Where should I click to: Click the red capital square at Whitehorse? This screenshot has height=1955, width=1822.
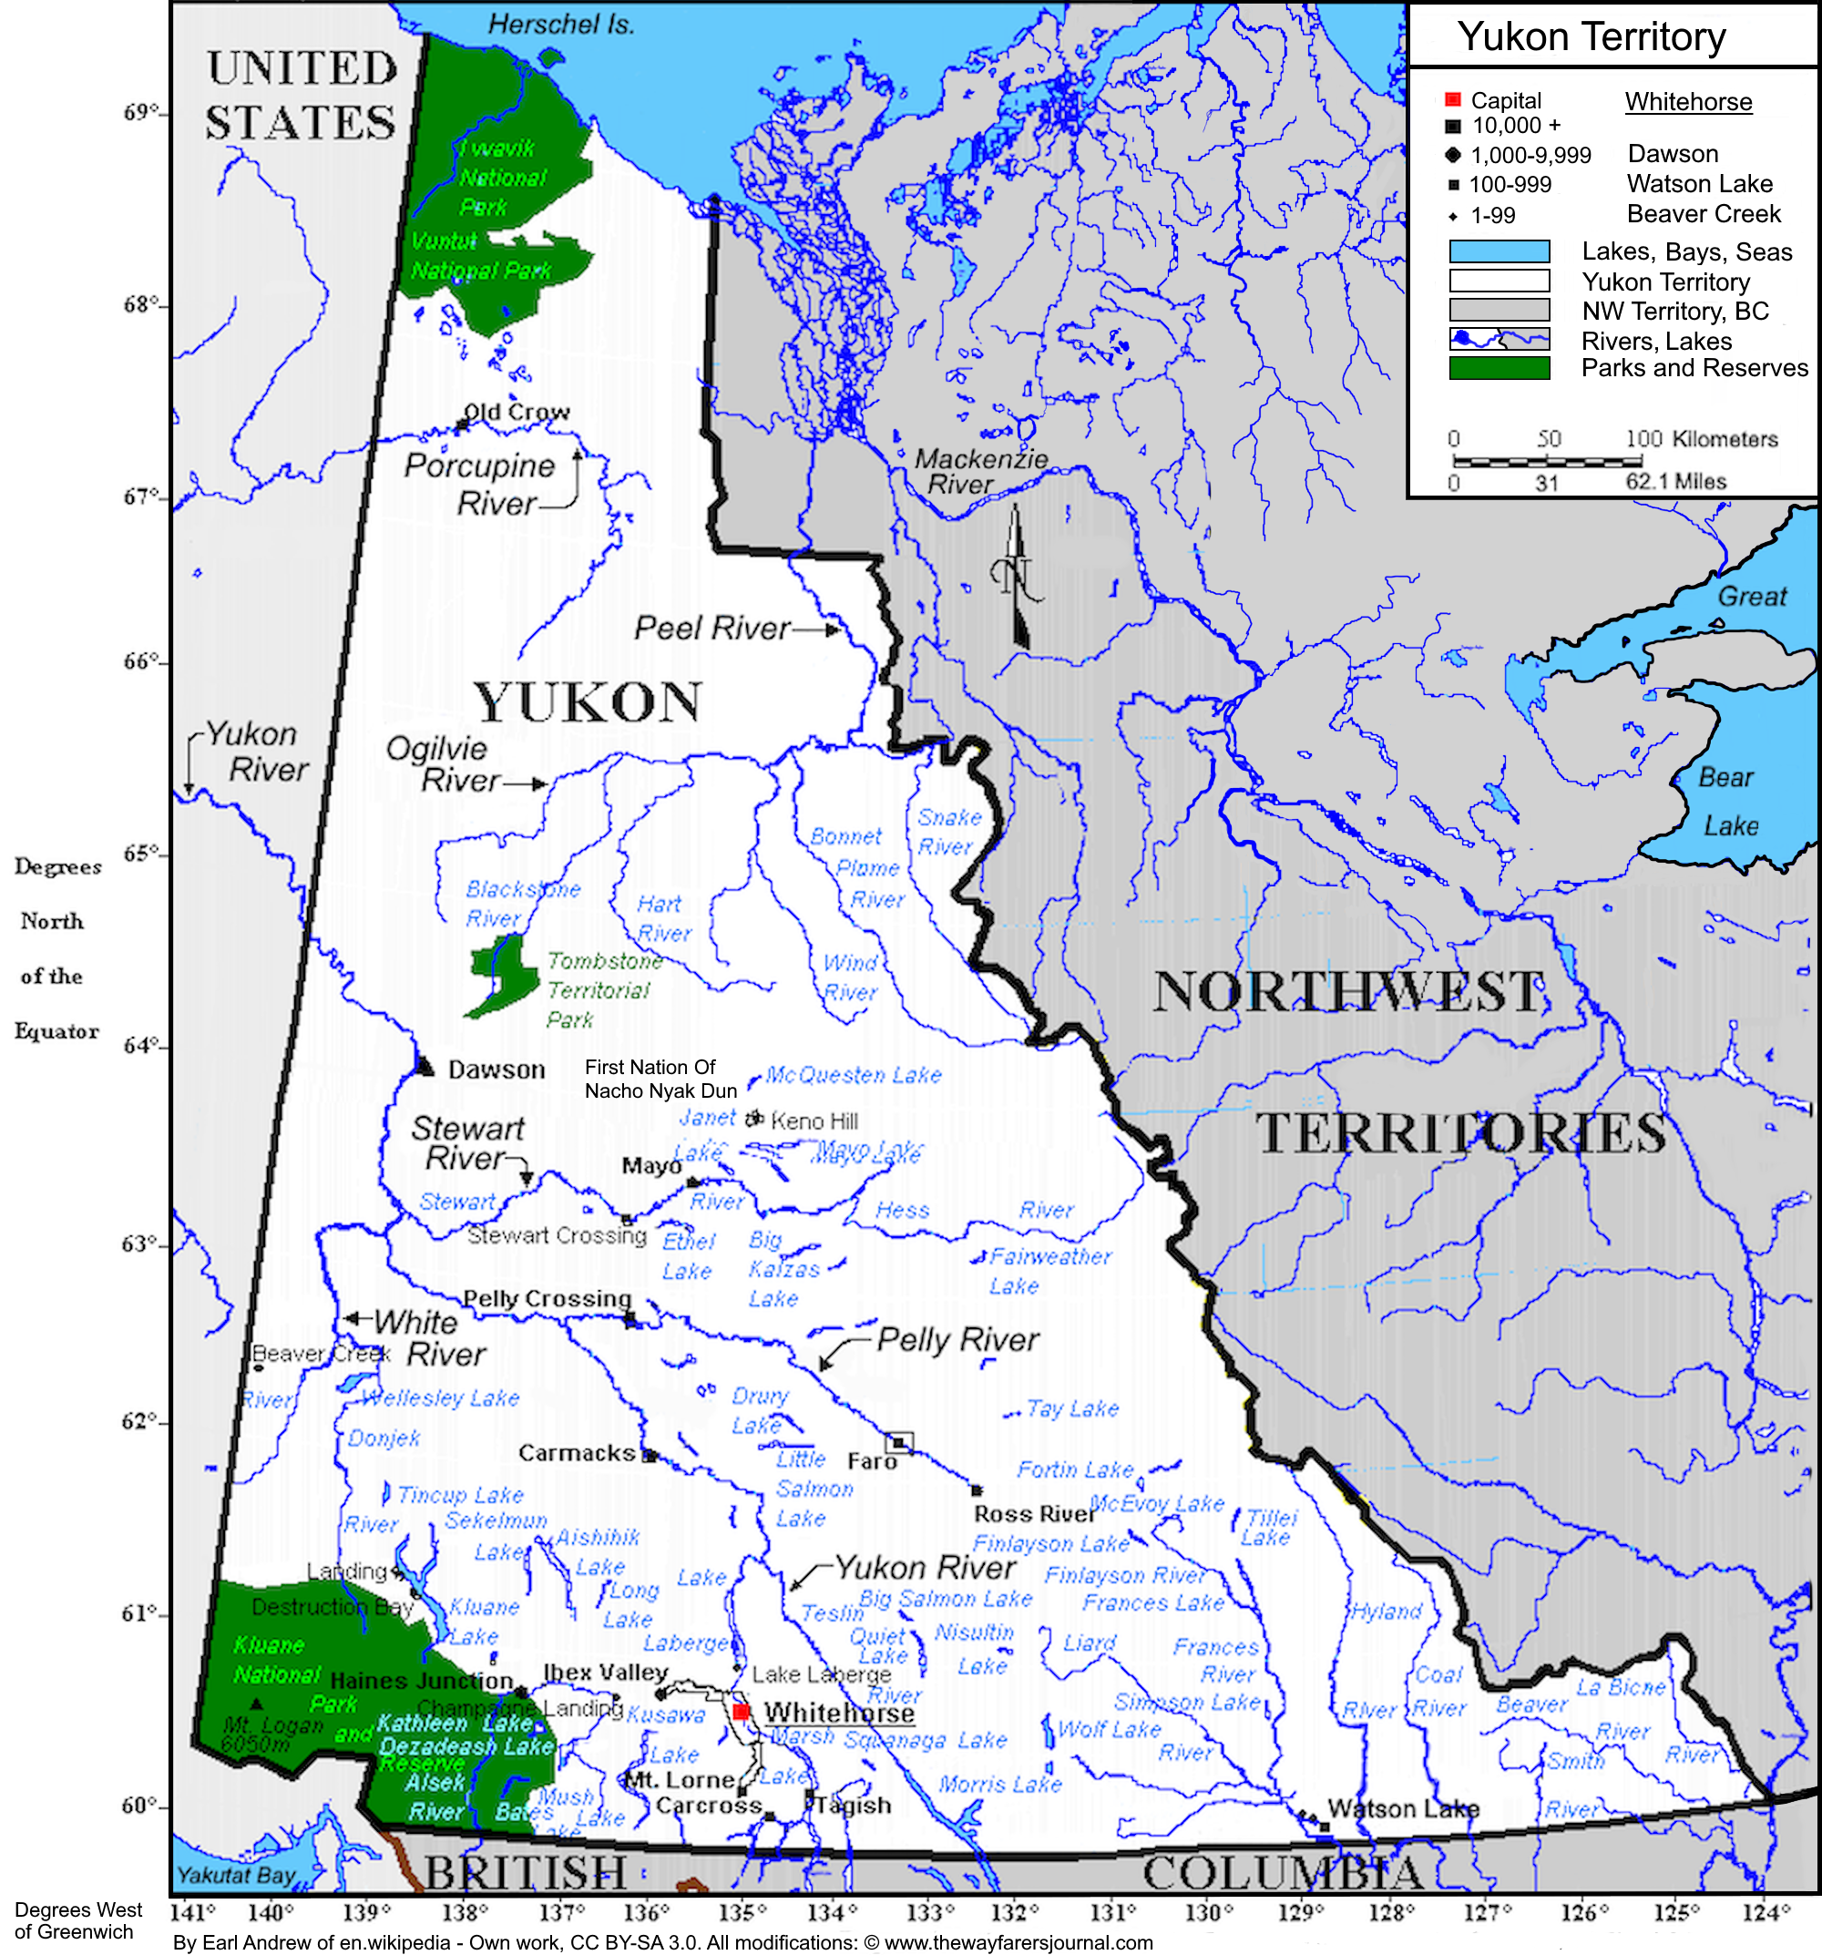pyautogui.click(x=742, y=1712)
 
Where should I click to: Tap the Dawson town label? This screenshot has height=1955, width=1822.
pyautogui.click(x=496, y=1070)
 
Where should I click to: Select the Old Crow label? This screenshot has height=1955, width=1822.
pyautogui.click(x=517, y=412)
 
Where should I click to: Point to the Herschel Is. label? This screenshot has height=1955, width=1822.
pyautogui.click(x=560, y=25)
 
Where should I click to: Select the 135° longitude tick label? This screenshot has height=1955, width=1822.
pyautogui.click(x=742, y=1913)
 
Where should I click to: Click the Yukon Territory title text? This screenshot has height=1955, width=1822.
pyautogui.click(x=1590, y=37)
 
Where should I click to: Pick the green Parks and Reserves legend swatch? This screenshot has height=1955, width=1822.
pyautogui.click(x=1499, y=368)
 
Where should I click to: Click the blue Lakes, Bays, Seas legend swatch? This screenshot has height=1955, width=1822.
pyautogui.click(x=1499, y=251)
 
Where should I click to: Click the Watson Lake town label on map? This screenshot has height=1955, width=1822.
pyautogui.click(x=1402, y=1808)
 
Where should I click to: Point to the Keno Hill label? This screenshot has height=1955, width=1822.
pyautogui.click(x=814, y=1121)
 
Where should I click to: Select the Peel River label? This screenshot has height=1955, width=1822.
pyautogui.click(x=711, y=628)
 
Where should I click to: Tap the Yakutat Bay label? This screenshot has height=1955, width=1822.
pyautogui.click(x=235, y=1876)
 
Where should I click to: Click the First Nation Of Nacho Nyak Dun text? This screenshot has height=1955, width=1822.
pyautogui.click(x=660, y=1079)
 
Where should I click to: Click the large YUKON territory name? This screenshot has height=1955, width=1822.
pyautogui.click(x=587, y=702)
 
